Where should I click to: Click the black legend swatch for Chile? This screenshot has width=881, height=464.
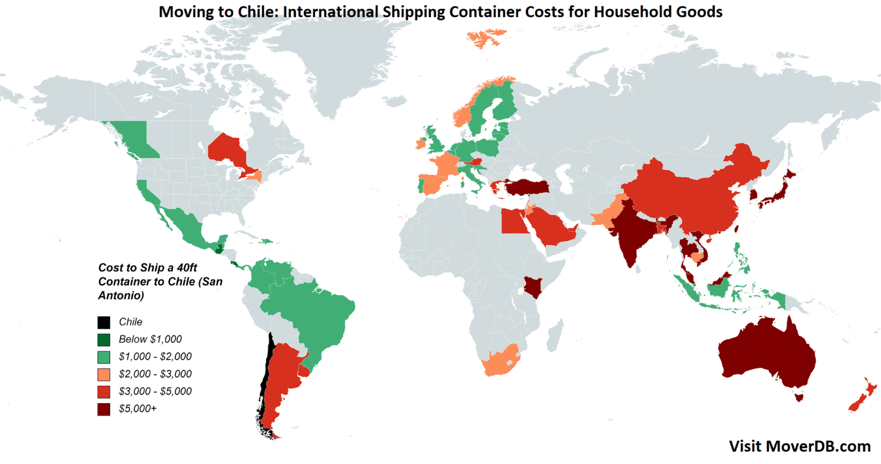coord(104,322)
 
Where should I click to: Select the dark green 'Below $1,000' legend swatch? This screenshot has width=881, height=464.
coord(104,340)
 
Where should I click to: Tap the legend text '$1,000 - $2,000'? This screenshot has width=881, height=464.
coord(155,357)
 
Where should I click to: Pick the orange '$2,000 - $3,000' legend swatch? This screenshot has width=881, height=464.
coord(104,375)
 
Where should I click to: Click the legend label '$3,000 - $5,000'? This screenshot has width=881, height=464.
coord(155,392)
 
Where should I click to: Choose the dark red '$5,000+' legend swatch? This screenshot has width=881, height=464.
coord(104,409)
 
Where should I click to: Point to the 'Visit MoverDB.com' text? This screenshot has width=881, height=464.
coord(800,446)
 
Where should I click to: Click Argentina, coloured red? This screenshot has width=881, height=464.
coord(284,373)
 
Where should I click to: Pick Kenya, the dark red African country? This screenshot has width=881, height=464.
coord(533,287)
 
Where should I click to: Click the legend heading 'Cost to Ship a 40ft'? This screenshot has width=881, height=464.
coord(147,268)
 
